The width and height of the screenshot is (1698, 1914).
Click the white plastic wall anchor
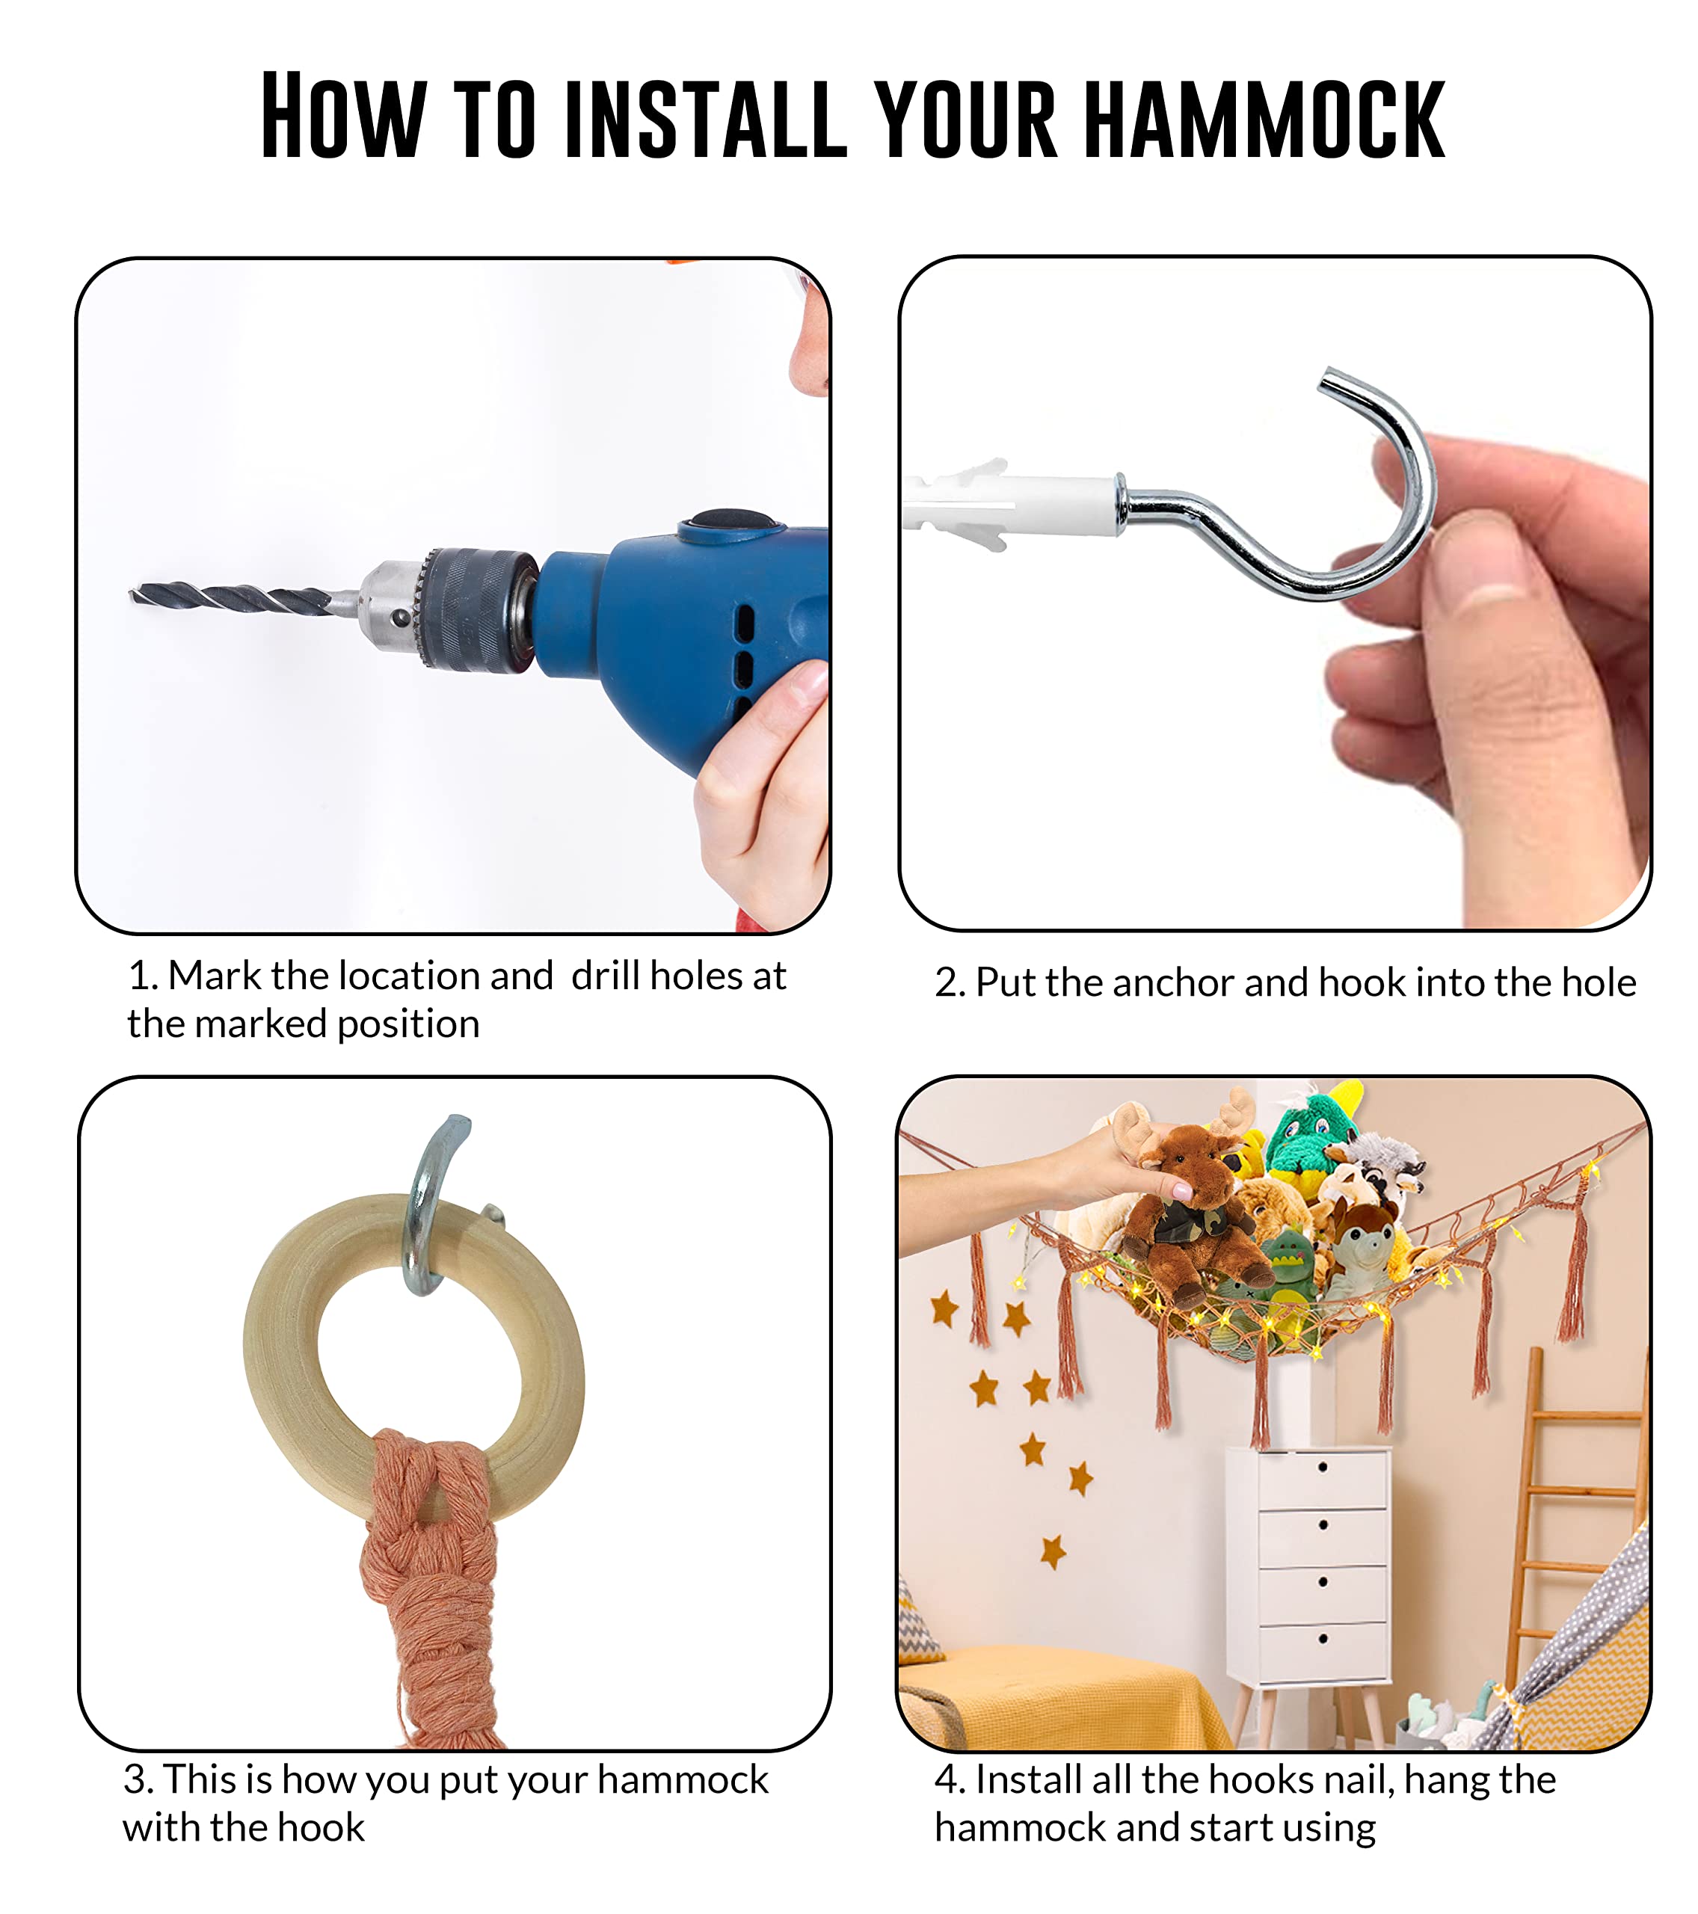(x=1012, y=505)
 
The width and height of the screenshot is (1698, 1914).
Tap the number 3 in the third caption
(x=137, y=1780)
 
